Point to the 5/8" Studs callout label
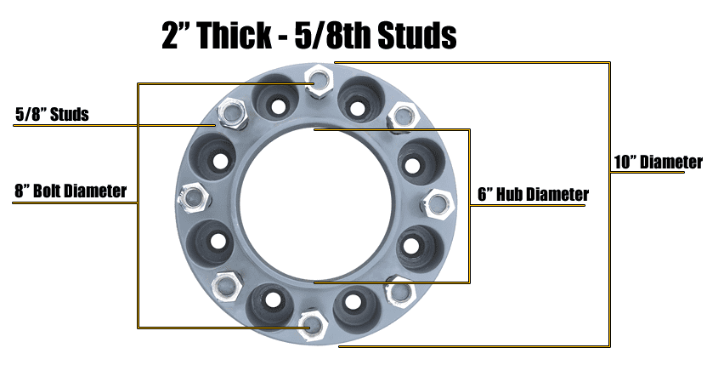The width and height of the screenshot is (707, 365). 52,113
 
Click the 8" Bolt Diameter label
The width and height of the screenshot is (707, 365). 71,190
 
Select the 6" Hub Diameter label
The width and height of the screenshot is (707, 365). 533,194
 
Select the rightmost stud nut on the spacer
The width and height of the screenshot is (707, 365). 435,203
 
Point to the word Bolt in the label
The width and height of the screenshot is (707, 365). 53,190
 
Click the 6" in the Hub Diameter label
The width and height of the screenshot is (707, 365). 485,194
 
